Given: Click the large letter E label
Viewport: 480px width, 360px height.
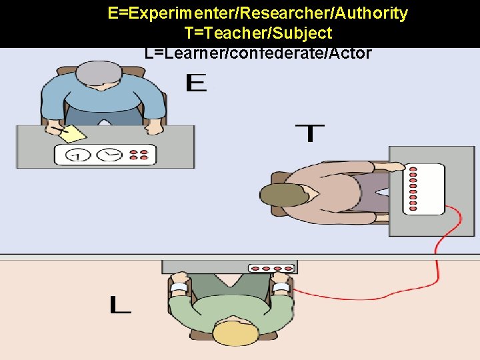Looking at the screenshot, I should point(196,83).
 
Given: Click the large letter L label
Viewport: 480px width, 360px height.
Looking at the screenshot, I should point(120,305).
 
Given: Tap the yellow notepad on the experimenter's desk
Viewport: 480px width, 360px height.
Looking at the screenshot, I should point(72,133).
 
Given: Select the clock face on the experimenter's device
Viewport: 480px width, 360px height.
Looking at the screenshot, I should point(109,155).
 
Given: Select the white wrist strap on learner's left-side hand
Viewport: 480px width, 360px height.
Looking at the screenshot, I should point(179,288).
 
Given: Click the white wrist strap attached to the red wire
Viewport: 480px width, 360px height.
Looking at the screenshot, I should point(281,288).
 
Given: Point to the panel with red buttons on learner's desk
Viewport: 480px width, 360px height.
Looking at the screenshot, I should point(270,268).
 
